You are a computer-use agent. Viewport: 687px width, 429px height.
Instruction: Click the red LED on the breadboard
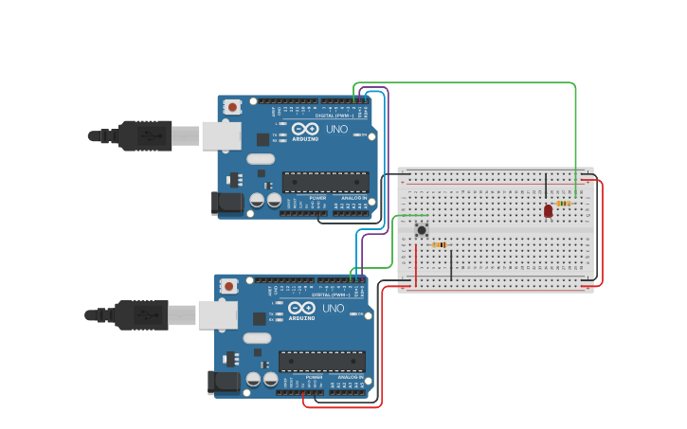(548, 210)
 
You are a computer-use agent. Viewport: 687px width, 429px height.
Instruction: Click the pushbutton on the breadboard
(421, 229)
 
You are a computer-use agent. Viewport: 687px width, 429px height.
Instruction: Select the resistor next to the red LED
(564, 204)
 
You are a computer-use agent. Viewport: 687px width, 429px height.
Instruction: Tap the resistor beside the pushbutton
(439, 245)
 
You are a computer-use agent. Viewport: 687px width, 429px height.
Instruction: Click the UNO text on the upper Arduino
(336, 129)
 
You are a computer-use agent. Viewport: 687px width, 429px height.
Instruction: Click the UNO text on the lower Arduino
(334, 308)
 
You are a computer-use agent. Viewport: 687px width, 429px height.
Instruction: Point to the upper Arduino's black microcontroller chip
(325, 182)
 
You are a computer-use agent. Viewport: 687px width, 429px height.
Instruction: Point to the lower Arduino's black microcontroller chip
(321, 361)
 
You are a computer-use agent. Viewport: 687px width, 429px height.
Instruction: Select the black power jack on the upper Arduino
(227, 202)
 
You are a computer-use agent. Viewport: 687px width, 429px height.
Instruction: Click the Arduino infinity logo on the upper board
(305, 129)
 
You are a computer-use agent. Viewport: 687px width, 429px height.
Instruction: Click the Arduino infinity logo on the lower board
(301, 308)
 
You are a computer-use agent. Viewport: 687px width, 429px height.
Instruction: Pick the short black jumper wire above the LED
(546, 186)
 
